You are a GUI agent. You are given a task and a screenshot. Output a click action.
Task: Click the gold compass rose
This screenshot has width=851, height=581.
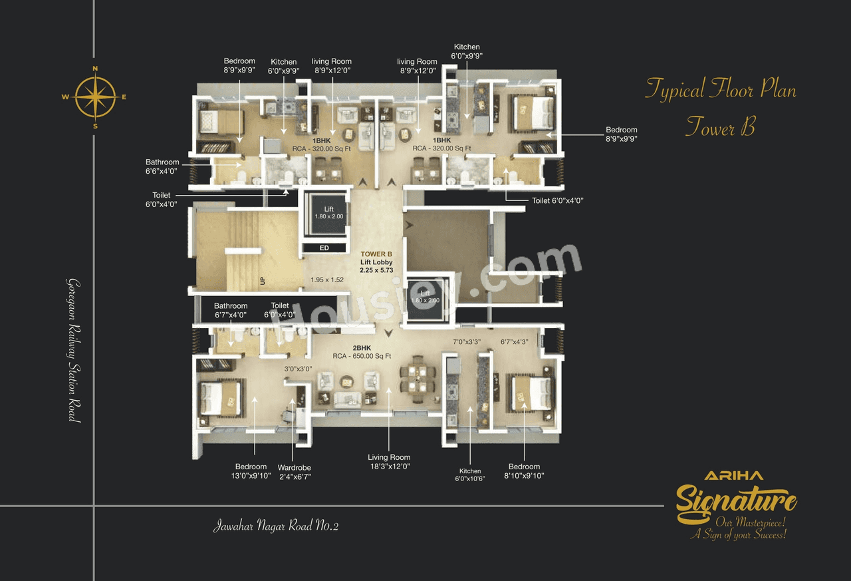(95, 97)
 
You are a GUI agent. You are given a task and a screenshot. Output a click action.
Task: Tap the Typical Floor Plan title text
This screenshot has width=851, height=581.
(720, 89)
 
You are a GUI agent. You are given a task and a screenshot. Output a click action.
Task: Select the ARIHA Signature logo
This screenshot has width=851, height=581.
(736, 504)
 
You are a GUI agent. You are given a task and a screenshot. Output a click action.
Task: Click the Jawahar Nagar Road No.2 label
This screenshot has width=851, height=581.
(276, 526)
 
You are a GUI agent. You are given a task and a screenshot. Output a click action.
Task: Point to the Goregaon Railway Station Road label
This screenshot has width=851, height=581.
(72, 349)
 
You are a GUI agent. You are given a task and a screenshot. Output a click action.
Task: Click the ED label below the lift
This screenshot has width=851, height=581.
(324, 248)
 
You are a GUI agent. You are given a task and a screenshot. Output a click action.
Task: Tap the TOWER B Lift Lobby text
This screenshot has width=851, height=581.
(376, 262)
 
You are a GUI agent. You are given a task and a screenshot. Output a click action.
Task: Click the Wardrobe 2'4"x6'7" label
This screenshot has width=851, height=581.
(295, 472)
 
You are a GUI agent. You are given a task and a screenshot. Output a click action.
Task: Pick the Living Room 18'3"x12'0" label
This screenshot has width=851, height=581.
(389, 462)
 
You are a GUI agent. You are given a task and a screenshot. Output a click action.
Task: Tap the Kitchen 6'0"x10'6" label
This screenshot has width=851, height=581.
(469, 475)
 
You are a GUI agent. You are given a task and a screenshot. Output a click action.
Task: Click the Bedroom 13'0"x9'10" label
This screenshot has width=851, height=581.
(251, 471)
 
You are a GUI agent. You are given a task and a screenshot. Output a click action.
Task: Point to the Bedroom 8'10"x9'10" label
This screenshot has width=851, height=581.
(524, 471)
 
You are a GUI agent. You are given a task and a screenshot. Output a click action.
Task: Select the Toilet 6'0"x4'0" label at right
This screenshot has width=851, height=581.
(557, 200)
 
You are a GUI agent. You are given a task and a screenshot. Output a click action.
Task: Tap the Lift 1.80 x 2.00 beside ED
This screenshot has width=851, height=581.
(324, 213)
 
